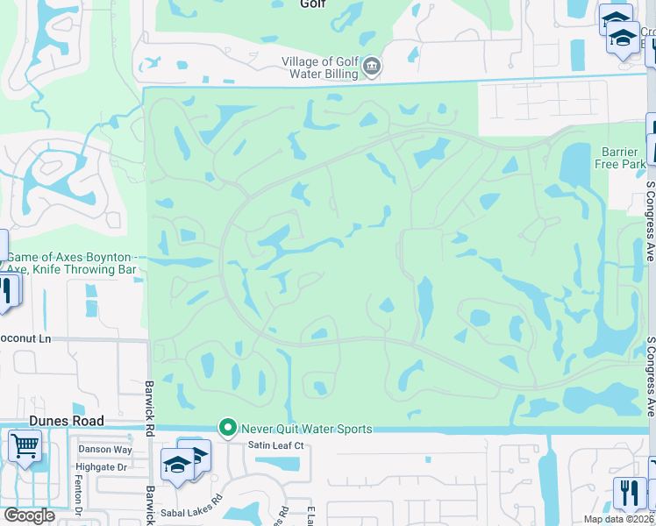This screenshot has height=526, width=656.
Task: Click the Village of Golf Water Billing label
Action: coord(319,68)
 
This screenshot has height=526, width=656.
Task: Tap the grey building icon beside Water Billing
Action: coord(372,66)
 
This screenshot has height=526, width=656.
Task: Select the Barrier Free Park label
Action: coord(624,158)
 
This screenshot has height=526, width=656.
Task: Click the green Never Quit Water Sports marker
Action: coord(228,429)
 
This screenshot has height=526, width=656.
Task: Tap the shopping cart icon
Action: coord(24,444)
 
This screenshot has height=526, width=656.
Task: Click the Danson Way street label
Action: coord(105,450)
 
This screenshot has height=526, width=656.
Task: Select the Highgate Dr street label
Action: coord(102,467)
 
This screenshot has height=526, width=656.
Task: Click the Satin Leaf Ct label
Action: coord(274,445)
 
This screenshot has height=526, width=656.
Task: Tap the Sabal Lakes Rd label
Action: coord(193,508)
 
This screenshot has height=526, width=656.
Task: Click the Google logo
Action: coord(28,515)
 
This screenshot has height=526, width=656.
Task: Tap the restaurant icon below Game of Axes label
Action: coord(7,291)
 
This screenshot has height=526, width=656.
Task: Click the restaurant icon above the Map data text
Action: coord(629,492)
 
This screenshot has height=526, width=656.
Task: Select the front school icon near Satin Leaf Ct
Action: coord(176,465)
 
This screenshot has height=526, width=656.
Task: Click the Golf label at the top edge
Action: coord(312,4)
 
